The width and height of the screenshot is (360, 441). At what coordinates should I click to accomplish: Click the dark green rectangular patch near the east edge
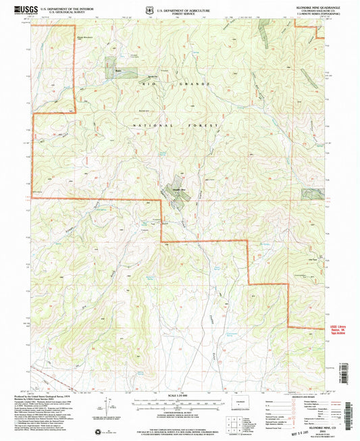tap(313, 194)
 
